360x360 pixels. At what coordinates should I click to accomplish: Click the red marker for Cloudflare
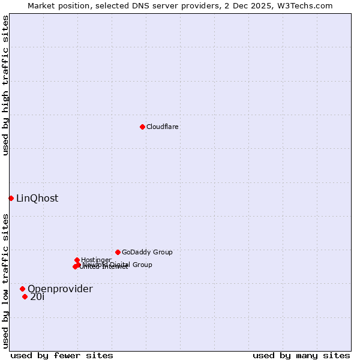coord(142,127)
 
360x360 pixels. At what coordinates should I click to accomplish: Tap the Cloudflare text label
coord(162,127)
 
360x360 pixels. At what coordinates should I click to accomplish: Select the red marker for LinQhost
coord(11,198)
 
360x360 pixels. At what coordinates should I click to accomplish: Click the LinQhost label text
coord(37,198)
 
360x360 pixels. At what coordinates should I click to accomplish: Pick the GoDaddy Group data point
coord(118,252)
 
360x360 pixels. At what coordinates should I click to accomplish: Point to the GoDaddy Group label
coord(147,252)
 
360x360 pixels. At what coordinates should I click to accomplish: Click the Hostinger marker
coord(77,260)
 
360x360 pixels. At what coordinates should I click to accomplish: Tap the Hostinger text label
coord(96,260)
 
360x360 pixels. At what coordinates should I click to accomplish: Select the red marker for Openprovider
coord(22,289)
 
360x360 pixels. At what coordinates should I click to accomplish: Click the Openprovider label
coord(60,289)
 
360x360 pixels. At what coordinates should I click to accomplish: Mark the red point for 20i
coord(25,296)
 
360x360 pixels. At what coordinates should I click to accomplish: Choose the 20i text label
coord(37,296)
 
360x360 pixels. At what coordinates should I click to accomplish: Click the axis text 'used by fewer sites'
coord(62,355)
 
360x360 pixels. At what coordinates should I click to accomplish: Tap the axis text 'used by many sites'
coord(301,355)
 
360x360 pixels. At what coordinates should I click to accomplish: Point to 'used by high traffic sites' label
coord(5,85)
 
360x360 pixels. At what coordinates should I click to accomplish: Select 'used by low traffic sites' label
coord(5,280)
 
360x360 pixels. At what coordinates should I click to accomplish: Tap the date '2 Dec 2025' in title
coord(259,5)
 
